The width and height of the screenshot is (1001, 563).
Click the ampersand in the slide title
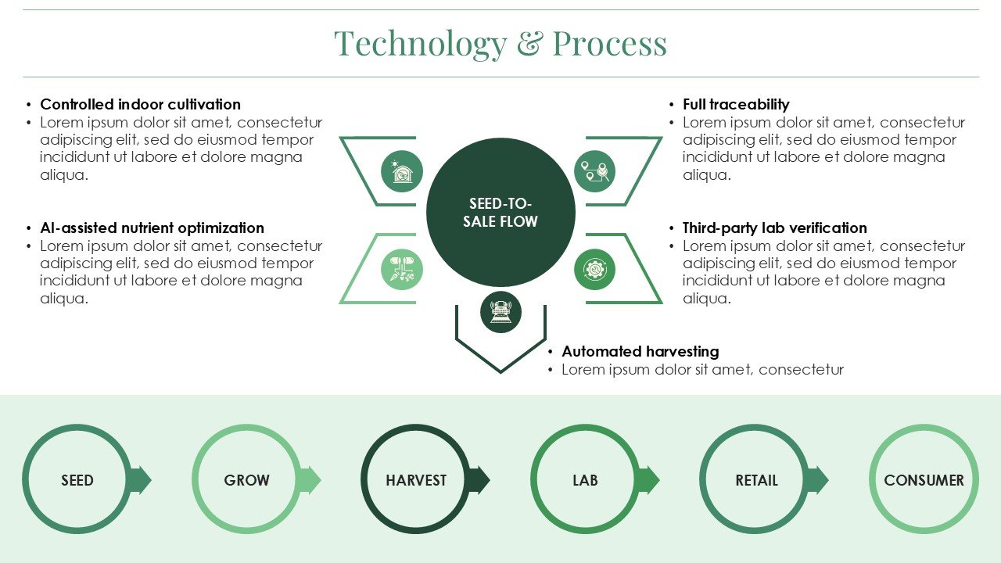(x=530, y=43)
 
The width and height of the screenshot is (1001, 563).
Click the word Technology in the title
(x=421, y=44)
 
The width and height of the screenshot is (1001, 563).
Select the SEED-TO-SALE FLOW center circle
(x=500, y=212)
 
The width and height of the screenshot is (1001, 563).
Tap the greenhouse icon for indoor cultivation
(x=402, y=171)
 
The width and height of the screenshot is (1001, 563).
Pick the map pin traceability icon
(x=594, y=171)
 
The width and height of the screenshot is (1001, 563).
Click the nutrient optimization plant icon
(x=402, y=270)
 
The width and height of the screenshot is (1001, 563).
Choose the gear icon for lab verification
(x=594, y=270)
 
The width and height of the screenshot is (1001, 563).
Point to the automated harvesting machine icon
(x=500, y=312)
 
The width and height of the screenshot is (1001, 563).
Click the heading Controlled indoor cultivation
(x=140, y=105)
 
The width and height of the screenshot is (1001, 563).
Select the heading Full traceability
(x=736, y=105)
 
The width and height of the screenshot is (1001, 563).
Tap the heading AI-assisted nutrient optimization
(x=152, y=228)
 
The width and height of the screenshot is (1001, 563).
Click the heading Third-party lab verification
(x=775, y=228)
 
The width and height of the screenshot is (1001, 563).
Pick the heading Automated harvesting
(x=640, y=352)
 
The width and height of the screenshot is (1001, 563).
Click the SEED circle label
(x=77, y=480)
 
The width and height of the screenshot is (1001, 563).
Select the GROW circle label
(x=246, y=480)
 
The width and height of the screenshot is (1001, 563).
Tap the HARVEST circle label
(x=416, y=480)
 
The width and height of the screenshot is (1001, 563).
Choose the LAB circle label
(x=585, y=480)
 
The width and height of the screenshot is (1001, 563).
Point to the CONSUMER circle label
(x=924, y=480)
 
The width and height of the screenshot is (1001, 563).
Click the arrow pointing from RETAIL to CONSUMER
(x=818, y=480)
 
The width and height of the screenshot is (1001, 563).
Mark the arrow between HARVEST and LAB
(x=479, y=480)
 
